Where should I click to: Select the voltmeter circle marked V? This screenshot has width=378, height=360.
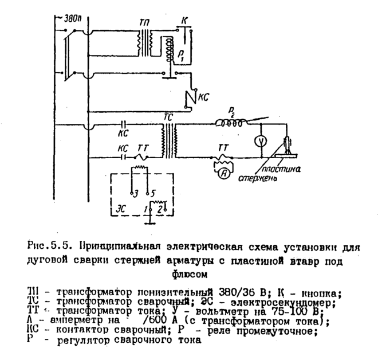[259, 140]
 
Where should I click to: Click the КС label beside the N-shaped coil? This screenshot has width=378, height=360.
[203, 97]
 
